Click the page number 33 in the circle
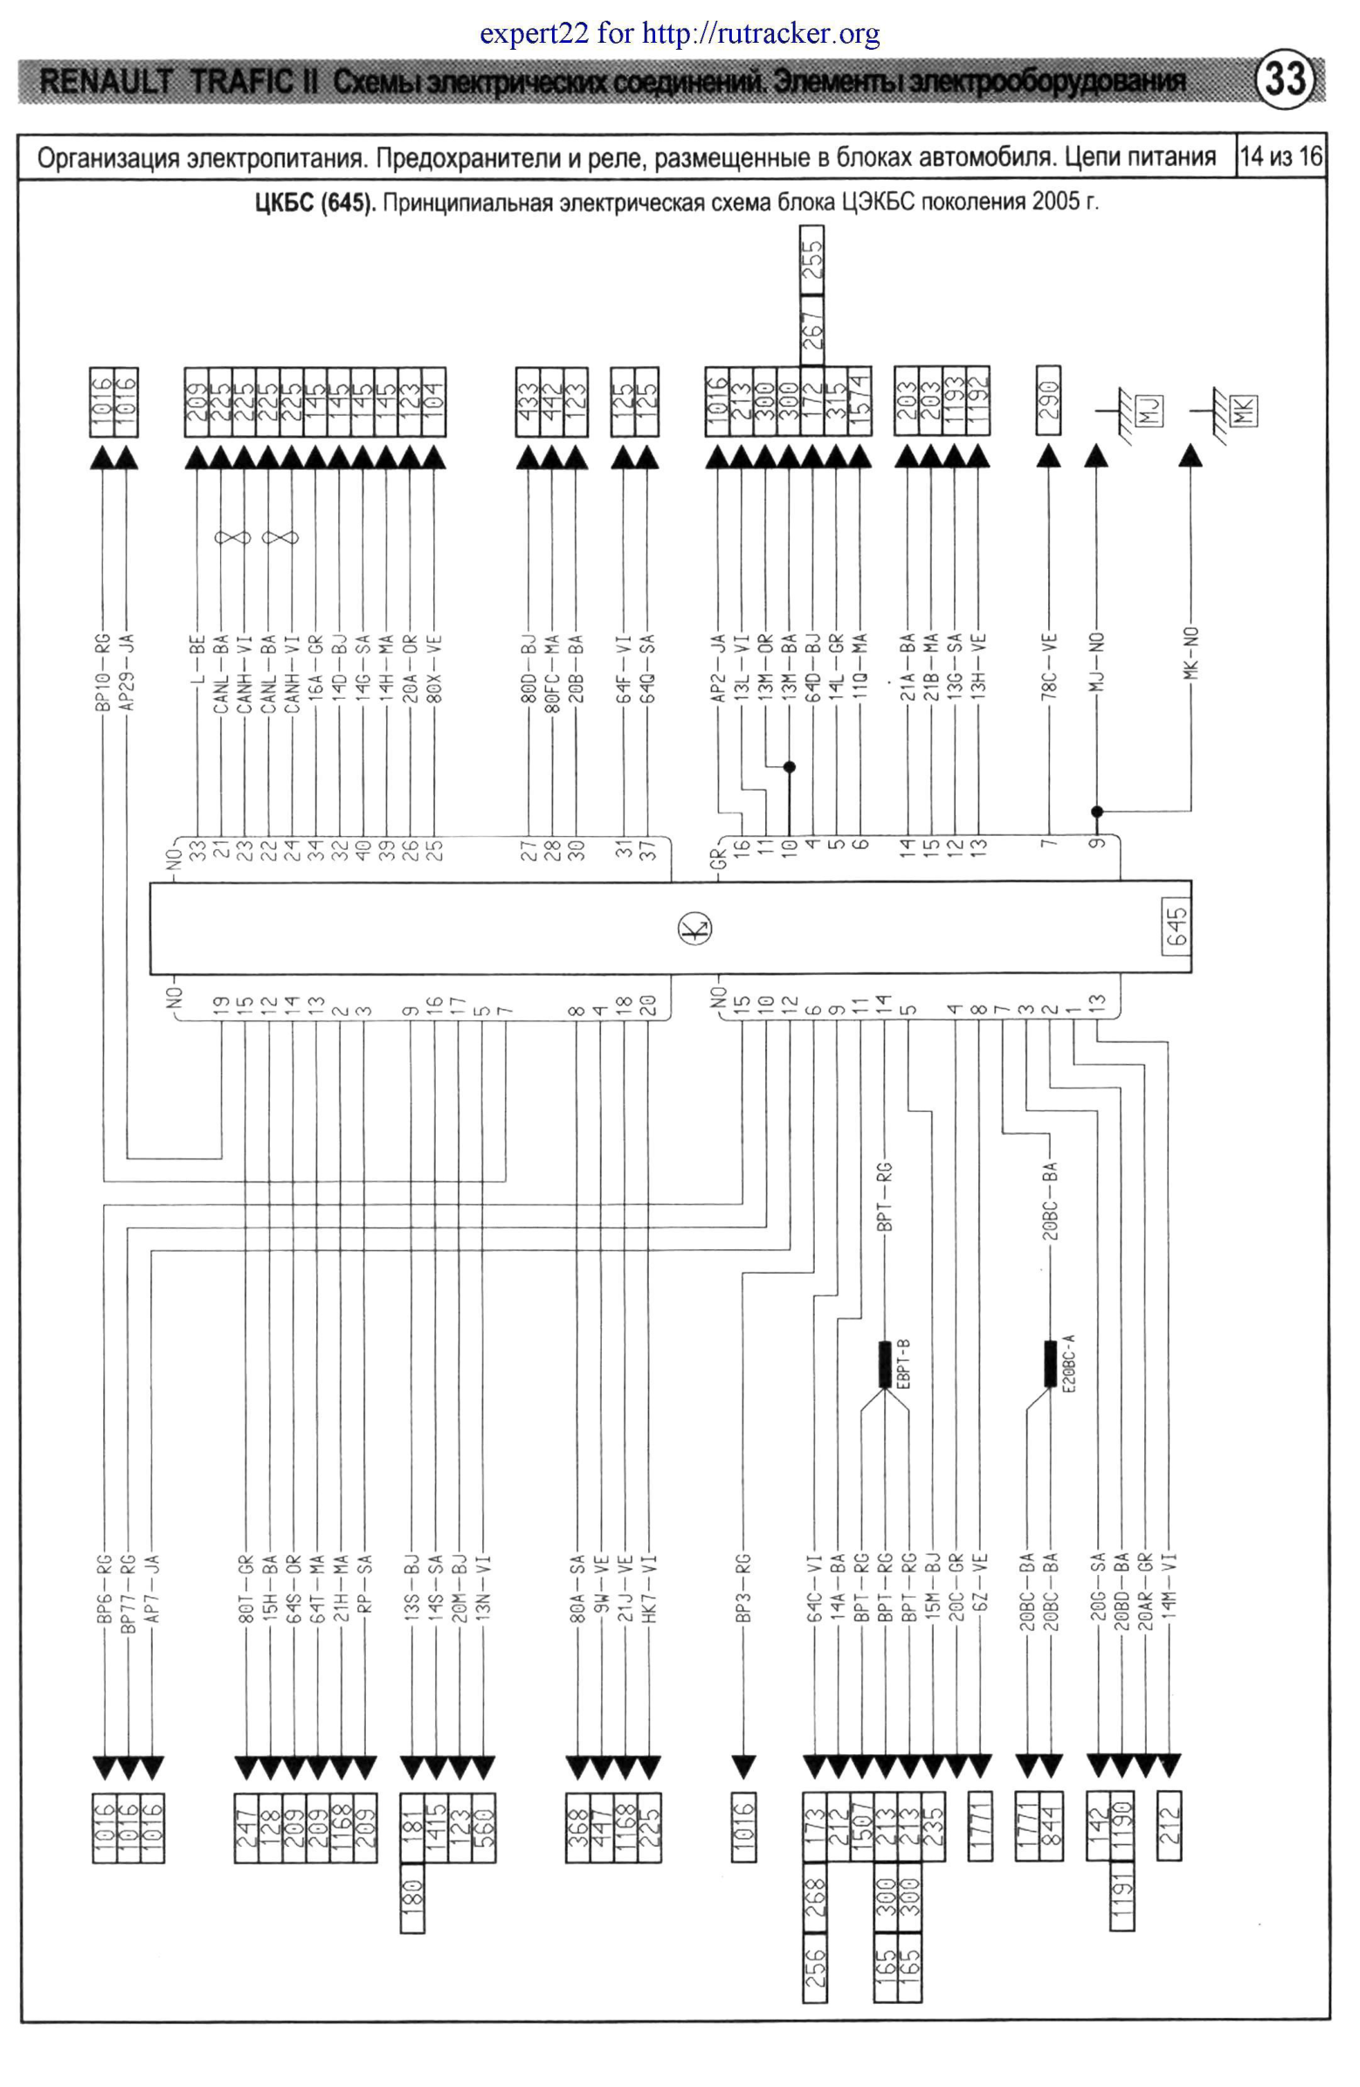(x=1285, y=79)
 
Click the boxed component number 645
(x=1176, y=927)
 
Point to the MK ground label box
(x=1243, y=410)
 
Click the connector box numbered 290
(x=1049, y=400)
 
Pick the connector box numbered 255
(x=812, y=260)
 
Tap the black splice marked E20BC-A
(x=1051, y=1364)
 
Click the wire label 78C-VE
(x=1050, y=667)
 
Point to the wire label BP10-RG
(x=103, y=671)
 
